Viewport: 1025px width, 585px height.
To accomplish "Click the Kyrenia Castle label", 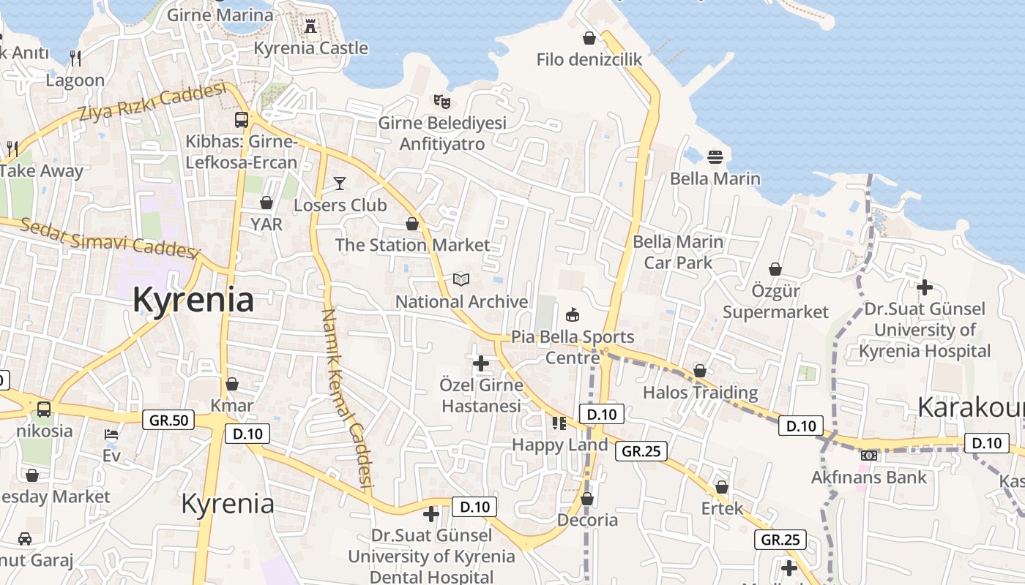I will pyautogui.click(x=310, y=48).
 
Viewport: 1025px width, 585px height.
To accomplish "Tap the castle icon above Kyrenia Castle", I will pyautogui.click(x=310, y=27).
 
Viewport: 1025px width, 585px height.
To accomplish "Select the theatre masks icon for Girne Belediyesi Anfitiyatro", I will pyautogui.click(x=441, y=101).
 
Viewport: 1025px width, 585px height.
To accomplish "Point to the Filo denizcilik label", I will pyautogui.click(x=589, y=60).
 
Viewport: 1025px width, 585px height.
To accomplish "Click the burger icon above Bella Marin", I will pyautogui.click(x=715, y=156).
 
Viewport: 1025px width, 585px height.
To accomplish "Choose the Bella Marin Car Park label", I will pyautogui.click(x=678, y=252).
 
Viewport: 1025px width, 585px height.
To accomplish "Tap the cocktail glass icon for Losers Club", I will pyautogui.click(x=340, y=183).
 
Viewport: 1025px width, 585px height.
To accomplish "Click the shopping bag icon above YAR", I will pyautogui.click(x=266, y=203).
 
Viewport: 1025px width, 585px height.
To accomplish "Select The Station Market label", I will pyautogui.click(x=412, y=245).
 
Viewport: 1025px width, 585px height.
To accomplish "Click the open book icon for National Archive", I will pyautogui.click(x=461, y=279).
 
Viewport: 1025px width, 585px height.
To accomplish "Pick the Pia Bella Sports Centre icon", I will pyautogui.click(x=573, y=315).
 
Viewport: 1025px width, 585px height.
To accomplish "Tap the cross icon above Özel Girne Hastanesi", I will pyautogui.click(x=481, y=363).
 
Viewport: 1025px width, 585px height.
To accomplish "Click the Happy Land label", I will pyautogui.click(x=559, y=445).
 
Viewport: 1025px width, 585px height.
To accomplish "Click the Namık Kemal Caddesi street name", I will pyautogui.click(x=347, y=399).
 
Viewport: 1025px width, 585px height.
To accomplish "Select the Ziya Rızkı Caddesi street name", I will pyautogui.click(x=152, y=103).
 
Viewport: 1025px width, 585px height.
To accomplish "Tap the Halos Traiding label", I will pyautogui.click(x=700, y=393).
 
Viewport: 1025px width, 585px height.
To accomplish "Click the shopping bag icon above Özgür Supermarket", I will pyautogui.click(x=775, y=270).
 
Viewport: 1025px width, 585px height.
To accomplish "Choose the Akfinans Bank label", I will pyautogui.click(x=868, y=478).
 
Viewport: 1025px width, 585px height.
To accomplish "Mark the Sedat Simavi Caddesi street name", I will pyautogui.click(x=110, y=238).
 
